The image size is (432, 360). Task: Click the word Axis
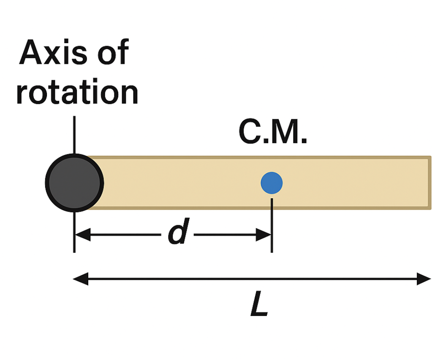pos(52,54)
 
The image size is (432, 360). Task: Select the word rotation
pos(77,93)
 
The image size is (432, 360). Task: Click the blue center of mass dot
pos(272,183)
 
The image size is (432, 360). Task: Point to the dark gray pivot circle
pos(74,183)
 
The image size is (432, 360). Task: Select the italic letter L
pos(259,305)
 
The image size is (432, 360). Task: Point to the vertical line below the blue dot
pos(272,224)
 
